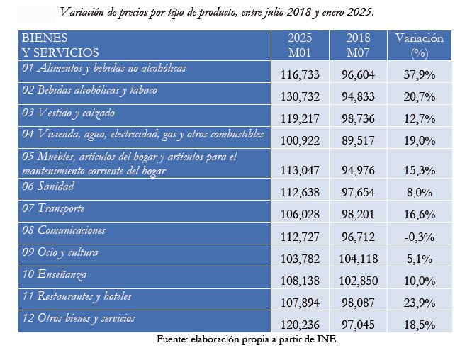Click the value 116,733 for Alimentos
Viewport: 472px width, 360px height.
[300, 74]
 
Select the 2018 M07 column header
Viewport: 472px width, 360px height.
[358, 45]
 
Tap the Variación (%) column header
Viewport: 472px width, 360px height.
[420, 45]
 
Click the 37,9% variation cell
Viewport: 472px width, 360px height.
[420, 74]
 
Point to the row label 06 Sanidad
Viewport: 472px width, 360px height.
[48, 186]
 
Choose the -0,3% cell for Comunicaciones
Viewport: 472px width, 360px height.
[420, 237]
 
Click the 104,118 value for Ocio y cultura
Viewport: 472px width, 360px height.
[358, 259]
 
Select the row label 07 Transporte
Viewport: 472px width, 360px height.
[53, 208]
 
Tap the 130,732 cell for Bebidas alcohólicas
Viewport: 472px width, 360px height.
[300, 96]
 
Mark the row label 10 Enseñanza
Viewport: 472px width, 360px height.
[54, 274]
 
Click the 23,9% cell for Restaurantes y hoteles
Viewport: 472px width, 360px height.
[420, 303]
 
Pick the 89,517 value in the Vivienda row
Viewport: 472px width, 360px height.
[358, 140]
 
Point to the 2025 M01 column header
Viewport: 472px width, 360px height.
[300, 45]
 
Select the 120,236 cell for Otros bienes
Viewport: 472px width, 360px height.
[300, 325]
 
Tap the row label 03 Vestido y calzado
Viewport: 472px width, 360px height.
[68, 113]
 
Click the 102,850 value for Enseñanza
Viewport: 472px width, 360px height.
[358, 281]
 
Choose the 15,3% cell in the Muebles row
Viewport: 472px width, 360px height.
[420, 170]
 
